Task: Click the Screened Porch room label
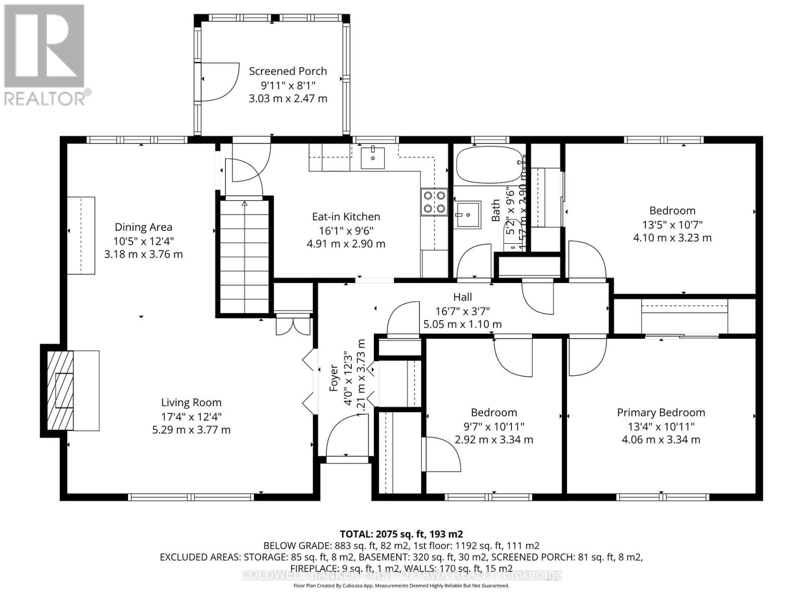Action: click(288, 71)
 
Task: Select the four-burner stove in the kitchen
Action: click(434, 202)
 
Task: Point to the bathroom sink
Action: click(467, 215)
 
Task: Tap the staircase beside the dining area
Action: click(244, 256)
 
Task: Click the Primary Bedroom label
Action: click(660, 412)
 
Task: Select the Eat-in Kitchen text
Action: click(346, 217)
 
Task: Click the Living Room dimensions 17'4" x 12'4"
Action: click(191, 416)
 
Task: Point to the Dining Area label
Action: click(143, 227)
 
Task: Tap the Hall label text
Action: click(462, 297)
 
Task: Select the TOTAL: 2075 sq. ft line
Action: click(401, 534)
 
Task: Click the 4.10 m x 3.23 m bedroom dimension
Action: click(672, 238)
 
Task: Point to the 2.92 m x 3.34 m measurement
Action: click(493, 440)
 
